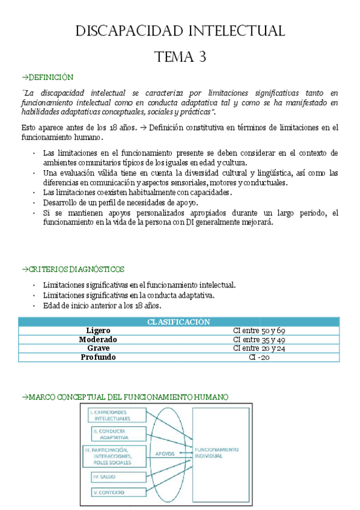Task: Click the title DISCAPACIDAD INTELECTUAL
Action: pyautogui.click(x=180, y=31)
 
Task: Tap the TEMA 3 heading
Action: pyautogui.click(x=180, y=57)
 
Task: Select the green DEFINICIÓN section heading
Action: pyautogui.click(x=47, y=78)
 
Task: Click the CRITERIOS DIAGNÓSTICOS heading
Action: pyautogui.click(x=73, y=269)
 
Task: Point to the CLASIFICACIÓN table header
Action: pyautogui.click(x=178, y=322)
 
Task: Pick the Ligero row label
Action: pyautogui.click(x=99, y=331)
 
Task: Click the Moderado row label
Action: pyautogui.click(x=99, y=339)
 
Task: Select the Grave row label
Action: pyautogui.click(x=99, y=348)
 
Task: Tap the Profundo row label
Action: pyautogui.click(x=99, y=357)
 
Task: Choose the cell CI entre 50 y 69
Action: pyautogui.click(x=259, y=331)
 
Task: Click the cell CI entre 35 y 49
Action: pyautogui.click(x=259, y=339)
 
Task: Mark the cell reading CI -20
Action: pyautogui.click(x=259, y=357)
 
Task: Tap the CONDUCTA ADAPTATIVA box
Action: pyautogui.click(x=118, y=434)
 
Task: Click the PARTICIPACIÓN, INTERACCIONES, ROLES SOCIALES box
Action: pyautogui.click(x=115, y=456)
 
